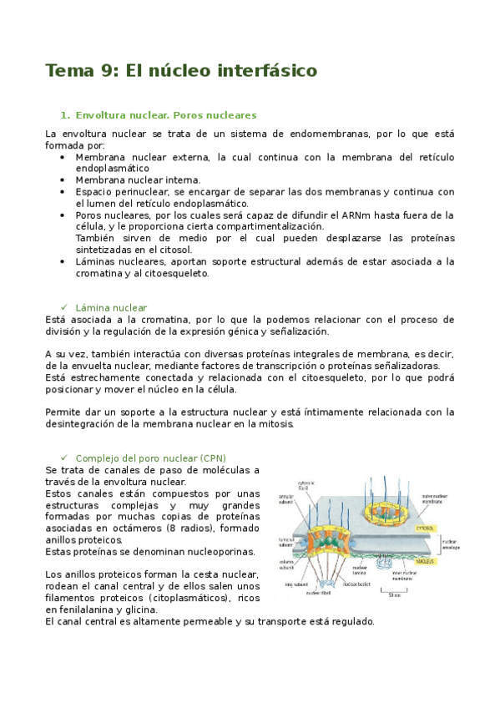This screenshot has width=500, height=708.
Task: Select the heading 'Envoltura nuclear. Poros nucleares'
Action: point(165,115)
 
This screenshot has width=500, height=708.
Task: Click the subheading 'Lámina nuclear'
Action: point(110,308)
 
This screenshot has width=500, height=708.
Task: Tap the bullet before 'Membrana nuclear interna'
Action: point(64,180)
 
